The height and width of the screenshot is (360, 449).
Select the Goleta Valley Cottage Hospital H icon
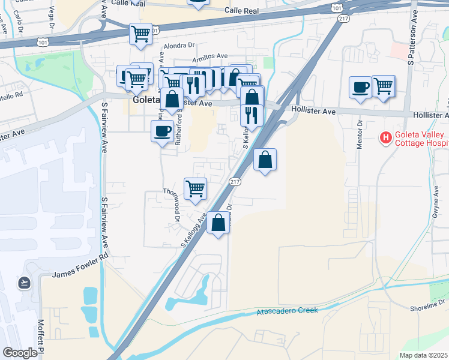click(x=385, y=139)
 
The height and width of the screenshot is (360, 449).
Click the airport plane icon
click(x=25, y=282)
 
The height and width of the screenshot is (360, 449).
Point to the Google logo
click(x=20, y=353)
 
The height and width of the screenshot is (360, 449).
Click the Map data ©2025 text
click(x=423, y=355)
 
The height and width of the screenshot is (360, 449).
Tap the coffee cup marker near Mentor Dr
click(x=360, y=88)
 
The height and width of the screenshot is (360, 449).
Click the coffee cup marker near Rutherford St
click(x=161, y=131)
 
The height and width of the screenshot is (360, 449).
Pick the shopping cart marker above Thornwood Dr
click(x=195, y=188)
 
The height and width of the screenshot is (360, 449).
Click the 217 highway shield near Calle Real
click(x=343, y=19)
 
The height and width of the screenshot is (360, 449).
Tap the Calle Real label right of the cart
click(x=241, y=11)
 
